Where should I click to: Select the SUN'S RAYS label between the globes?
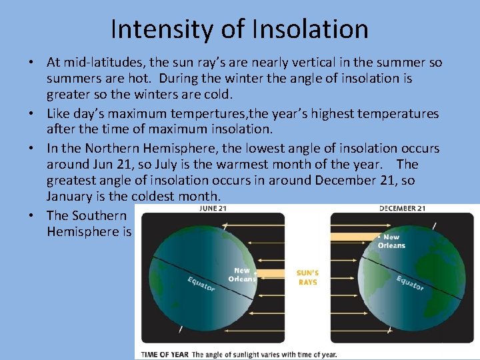307,277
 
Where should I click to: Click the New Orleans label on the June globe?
241,275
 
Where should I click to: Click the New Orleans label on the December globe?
391,241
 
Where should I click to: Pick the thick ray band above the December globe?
353,237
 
